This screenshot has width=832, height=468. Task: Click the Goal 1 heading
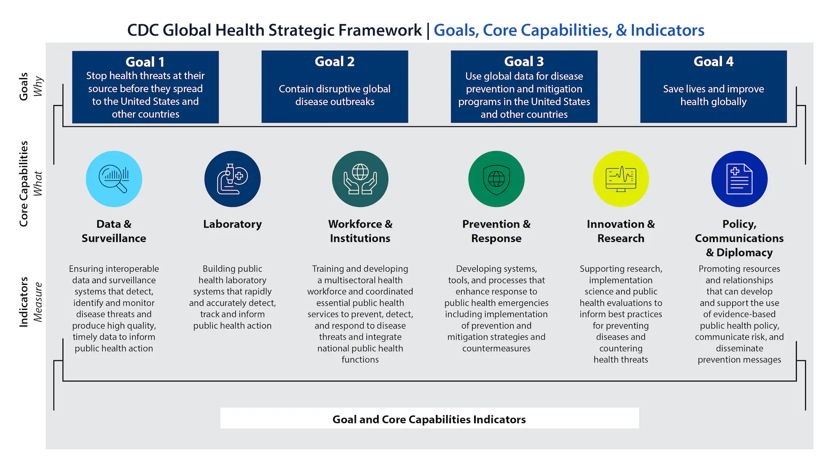[x=145, y=62]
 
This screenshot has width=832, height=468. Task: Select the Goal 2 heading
[x=334, y=61]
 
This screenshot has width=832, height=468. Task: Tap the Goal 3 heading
[x=524, y=61]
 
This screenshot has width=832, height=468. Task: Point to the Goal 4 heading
[x=713, y=61]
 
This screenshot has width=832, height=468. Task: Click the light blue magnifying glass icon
[x=114, y=179]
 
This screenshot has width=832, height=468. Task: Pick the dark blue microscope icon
[x=232, y=179]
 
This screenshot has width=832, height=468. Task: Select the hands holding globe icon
[x=360, y=179]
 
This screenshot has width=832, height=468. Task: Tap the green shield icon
[x=496, y=179]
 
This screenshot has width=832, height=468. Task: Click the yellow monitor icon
[x=621, y=179]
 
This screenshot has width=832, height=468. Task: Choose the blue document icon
[x=739, y=179]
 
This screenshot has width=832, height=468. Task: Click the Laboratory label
[x=232, y=224]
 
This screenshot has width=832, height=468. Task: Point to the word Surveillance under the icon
[x=114, y=238]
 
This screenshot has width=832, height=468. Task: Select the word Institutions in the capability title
[x=360, y=238]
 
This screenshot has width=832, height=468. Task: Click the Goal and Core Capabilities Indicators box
[x=429, y=419]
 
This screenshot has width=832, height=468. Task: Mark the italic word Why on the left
[x=38, y=86]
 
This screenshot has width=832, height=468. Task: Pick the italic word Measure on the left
[x=38, y=302]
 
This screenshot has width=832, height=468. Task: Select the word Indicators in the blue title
[x=667, y=30]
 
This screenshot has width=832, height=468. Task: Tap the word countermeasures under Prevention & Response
[x=496, y=348]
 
